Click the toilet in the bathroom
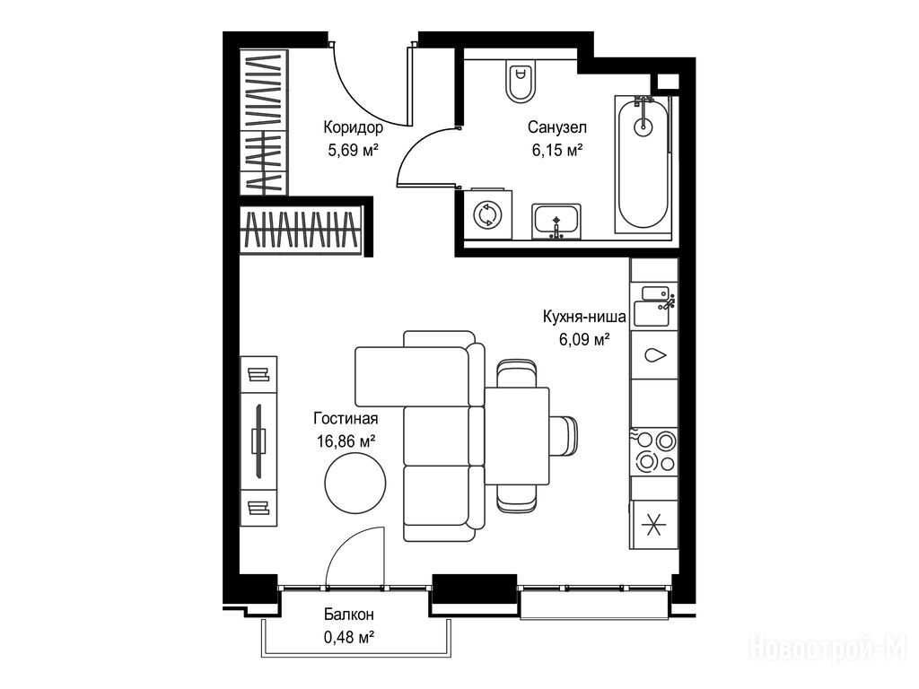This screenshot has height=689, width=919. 521,81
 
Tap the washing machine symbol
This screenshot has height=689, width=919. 487,214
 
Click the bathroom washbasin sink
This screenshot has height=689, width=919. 556,222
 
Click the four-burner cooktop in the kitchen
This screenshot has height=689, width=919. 654,452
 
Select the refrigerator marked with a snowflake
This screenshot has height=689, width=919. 654,524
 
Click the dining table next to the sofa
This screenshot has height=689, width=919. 516,436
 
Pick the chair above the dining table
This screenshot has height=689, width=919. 516,373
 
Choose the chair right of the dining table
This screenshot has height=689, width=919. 564,436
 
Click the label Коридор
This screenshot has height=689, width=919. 354,127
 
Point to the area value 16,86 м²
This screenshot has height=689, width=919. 346,441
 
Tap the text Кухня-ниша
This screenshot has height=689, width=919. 584,317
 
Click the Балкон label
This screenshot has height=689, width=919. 349,615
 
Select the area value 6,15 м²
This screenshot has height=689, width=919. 557,151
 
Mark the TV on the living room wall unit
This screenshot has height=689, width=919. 258,440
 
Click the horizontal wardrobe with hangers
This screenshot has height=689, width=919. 302,229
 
